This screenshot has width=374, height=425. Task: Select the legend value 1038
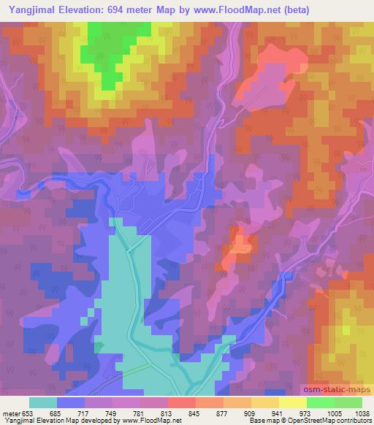(x=361, y=413)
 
